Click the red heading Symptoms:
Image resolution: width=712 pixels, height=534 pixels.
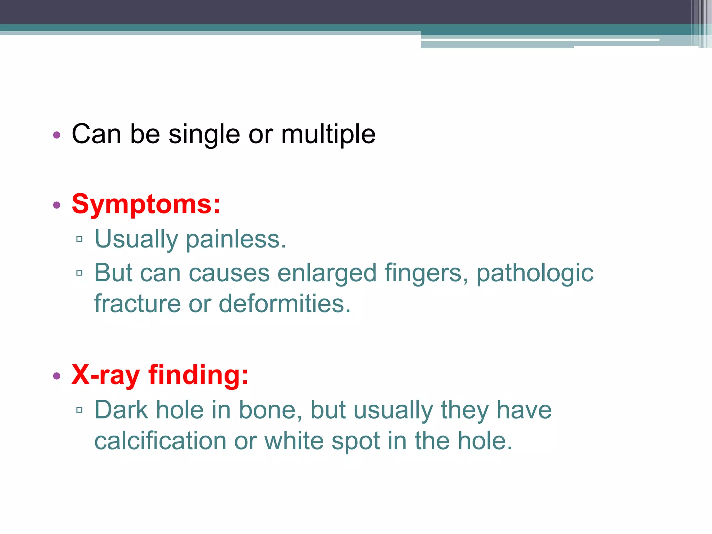tap(146, 204)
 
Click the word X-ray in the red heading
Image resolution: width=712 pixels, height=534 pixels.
tap(105, 375)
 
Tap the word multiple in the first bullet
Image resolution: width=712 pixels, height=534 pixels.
tap(328, 135)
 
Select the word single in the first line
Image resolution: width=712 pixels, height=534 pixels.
tap(204, 135)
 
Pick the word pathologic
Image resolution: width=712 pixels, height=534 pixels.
tap(535, 273)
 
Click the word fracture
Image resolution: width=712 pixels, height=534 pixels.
tap(137, 304)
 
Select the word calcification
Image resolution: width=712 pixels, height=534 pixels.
tap(160, 441)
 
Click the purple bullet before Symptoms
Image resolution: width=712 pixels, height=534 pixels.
tap(57, 205)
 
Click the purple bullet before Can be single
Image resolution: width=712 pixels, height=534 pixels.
tap(57, 135)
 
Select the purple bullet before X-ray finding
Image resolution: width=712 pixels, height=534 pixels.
tap(57, 376)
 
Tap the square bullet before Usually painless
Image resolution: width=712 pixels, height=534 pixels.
tap(79, 239)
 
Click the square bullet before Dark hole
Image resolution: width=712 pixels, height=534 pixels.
tap(79, 410)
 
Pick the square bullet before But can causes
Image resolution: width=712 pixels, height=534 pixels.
tap(79, 273)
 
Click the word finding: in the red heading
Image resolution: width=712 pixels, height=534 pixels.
tap(198, 375)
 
